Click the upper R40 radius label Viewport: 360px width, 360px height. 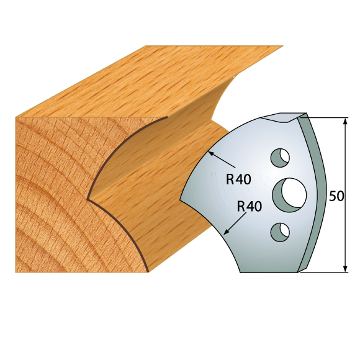coord(238,180)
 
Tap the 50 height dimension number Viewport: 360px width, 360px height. coord(336,196)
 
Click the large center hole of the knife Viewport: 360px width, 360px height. coord(286,193)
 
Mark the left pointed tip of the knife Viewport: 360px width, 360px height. coord(181,200)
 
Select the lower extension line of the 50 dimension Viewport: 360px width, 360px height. coord(326,272)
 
